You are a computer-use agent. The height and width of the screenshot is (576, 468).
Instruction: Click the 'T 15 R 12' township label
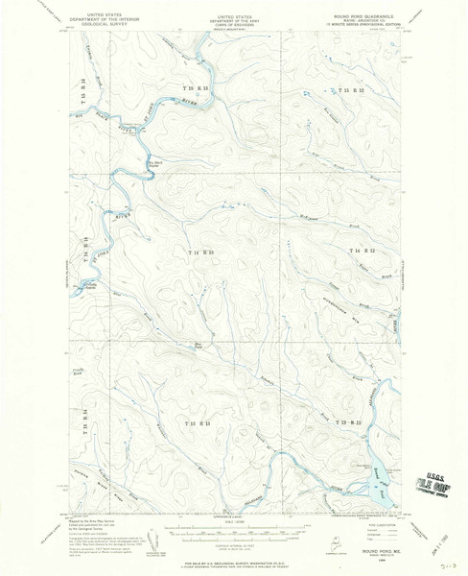click(x=350, y=87)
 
